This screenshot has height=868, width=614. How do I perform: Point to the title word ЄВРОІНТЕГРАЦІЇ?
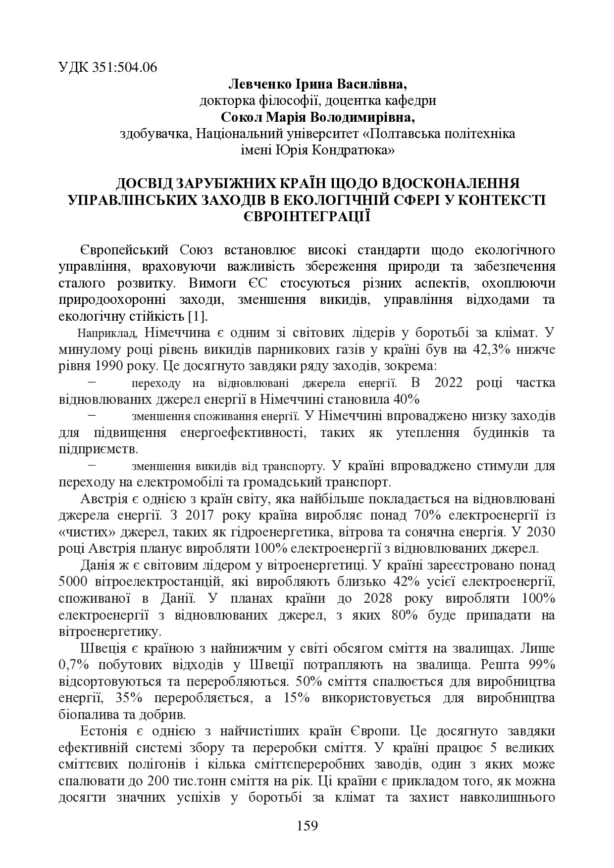307,216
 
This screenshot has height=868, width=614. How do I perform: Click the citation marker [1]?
198,316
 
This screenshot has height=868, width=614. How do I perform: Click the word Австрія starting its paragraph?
102,498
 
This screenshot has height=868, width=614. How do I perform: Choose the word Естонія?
102,731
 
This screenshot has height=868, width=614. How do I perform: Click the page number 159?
307,826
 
